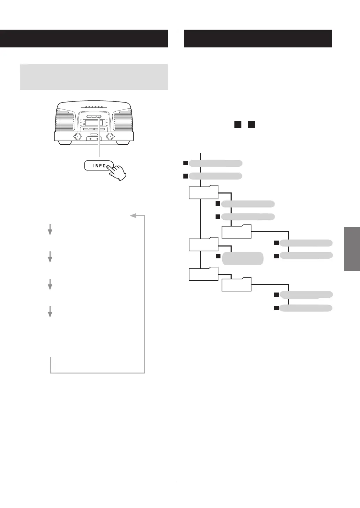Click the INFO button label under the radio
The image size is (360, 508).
(99, 166)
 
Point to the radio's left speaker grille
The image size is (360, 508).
(65, 120)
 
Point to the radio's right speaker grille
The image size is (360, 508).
(122, 120)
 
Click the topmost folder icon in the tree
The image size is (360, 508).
(203, 192)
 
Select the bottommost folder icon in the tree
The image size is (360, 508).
(237, 285)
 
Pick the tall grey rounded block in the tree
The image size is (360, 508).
(243, 258)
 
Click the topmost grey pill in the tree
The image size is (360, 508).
(216, 163)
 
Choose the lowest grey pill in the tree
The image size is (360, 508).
(306, 308)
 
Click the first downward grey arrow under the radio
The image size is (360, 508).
(50, 229)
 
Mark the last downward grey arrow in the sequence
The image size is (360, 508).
(50, 311)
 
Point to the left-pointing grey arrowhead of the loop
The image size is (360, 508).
(133, 216)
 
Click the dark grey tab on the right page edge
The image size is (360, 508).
(352, 249)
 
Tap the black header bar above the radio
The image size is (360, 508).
(84, 38)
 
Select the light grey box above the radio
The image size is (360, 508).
(94, 77)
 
